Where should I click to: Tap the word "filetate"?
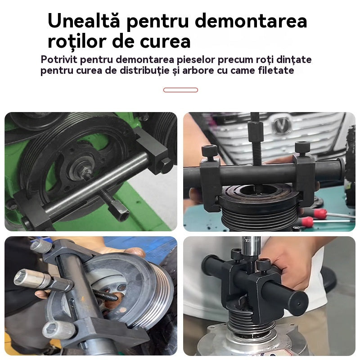pyautogui.click(x=277, y=71)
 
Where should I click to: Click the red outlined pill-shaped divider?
pyautogui.click(x=180, y=90)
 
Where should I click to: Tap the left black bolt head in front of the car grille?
pyautogui.click(x=209, y=150)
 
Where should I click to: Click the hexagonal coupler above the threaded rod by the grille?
pyautogui.click(x=255, y=133)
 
